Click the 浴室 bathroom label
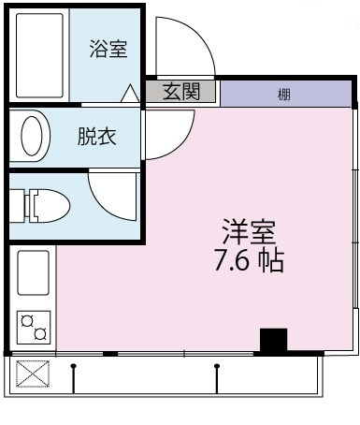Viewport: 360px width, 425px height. click(x=108, y=50)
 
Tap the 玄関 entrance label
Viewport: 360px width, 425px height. click(x=180, y=92)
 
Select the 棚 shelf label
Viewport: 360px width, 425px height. click(x=283, y=94)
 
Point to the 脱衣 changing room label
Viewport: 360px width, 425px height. click(x=97, y=137)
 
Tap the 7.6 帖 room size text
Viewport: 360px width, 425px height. click(x=248, y=259)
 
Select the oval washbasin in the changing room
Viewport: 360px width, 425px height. click(x=34, y=137)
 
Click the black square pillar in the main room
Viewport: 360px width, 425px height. click(x=272, y=341)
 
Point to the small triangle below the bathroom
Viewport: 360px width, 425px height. click(x=130, y=94)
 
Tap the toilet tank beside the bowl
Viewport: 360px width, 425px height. click(x=16, y=205)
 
